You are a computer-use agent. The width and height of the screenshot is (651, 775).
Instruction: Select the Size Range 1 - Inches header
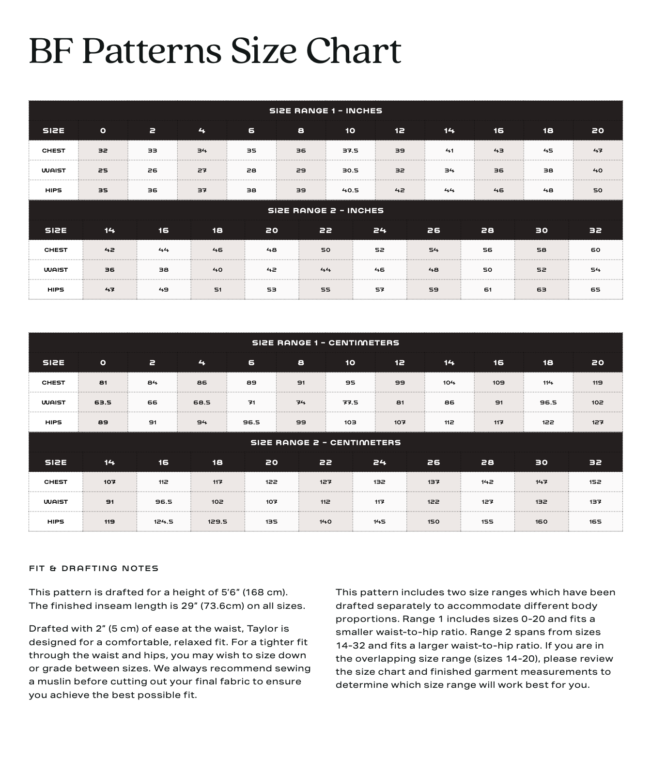click(325, 111)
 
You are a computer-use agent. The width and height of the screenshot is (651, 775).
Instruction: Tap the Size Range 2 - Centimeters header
click(325, 443)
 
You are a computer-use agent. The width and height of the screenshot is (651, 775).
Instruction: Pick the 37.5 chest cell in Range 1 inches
click(350, 151)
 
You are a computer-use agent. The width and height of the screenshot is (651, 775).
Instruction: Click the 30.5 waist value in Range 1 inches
click(350, 170)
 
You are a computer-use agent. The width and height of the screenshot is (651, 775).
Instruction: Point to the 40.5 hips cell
click(350, 190)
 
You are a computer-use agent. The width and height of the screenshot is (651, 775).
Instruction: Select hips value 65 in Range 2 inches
click(595, 290)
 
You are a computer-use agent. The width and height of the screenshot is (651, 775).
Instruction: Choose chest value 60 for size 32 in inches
click(595, 250)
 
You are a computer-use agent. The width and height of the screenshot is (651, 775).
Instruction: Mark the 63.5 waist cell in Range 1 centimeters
click(103, 403)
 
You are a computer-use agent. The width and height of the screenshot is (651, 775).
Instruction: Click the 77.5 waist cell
click(350, 403)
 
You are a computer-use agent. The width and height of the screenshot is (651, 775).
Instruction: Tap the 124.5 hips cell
click(164, 522)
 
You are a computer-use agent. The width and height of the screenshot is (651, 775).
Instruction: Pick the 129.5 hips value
click(217, 522)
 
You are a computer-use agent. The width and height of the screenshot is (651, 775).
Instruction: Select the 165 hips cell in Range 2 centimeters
click(595, 522)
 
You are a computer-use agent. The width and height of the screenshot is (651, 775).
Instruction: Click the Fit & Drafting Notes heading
click(94, 569)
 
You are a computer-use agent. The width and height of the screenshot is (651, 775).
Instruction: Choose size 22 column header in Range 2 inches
click(325, 231)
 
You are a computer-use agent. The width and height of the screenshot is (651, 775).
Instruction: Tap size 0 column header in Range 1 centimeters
click(103, 363)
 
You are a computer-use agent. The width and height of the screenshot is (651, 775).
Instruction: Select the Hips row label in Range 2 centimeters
click(56, 522)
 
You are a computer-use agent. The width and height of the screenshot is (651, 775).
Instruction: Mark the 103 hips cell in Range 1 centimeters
click(350, 422)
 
